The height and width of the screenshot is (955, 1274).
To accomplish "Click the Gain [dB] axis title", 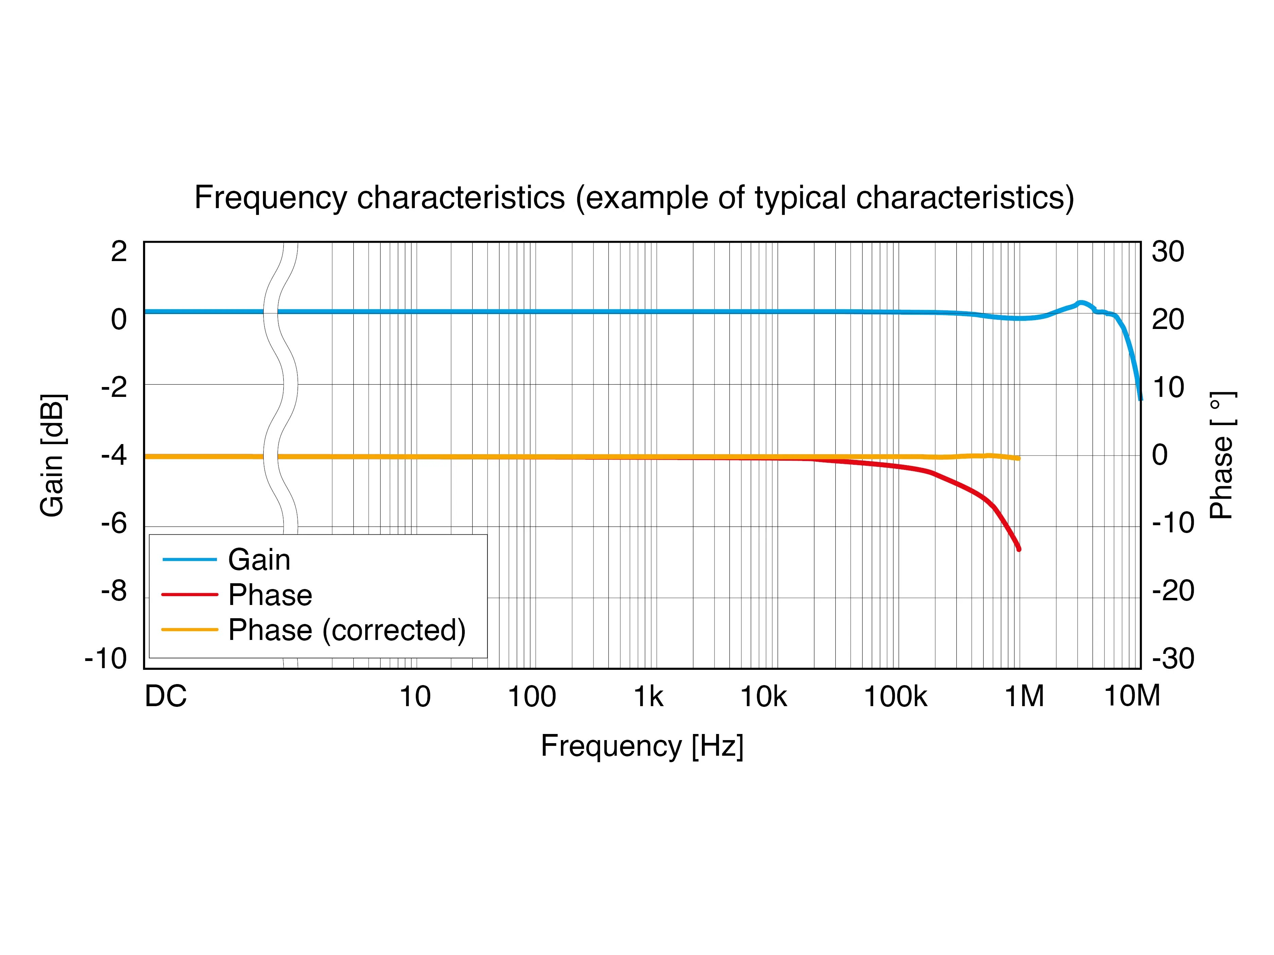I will pyautogui.click(x=53, y=455).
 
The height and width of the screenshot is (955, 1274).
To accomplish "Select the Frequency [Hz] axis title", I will pyautogui.click(x=642, y=746).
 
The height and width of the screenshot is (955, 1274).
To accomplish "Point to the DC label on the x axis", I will pyautogui.click(x=165, y=697).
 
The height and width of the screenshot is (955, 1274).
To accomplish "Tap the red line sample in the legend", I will pyautogui.click(x=190, y=594).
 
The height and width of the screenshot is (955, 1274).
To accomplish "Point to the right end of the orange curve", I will pyautogui.click(x=1018, y=458).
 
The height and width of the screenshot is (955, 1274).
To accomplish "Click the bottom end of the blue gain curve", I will pyautogui.click(x=1140, y=398).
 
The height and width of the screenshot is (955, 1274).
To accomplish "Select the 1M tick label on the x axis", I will pyautogui.click(x=1024, y=697).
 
